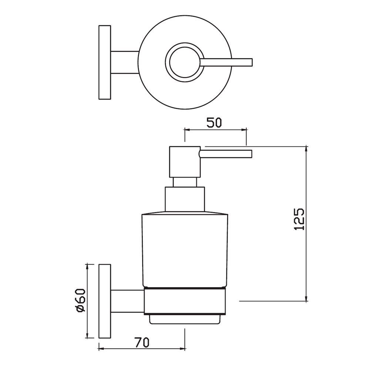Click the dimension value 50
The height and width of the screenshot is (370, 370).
(214, 123)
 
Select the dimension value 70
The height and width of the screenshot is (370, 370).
(142, 343)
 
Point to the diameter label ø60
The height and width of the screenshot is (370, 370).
(81, 300)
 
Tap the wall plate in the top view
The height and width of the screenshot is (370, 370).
(105, 62)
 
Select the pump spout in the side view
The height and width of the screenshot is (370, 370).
(226, 153)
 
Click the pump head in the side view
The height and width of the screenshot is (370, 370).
(184, 162)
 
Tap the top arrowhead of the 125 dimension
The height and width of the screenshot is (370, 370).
(306, 149)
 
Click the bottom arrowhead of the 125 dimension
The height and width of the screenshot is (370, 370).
(306, 299)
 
